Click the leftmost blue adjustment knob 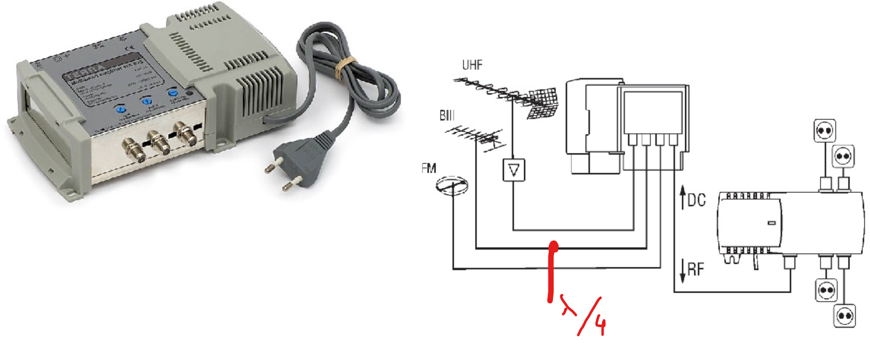point(120,108)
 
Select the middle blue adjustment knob point(147,100)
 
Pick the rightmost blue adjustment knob point(173,93)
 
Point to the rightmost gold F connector point(186,133)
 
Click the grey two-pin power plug point(299,157)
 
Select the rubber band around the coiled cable point(346,66)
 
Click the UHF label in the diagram point(472,65)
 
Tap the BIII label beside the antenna point(447,115)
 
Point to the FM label point(428,168)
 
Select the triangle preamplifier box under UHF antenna point(513,170)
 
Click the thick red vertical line point(551,273)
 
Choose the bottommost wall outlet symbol point(844,316)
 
